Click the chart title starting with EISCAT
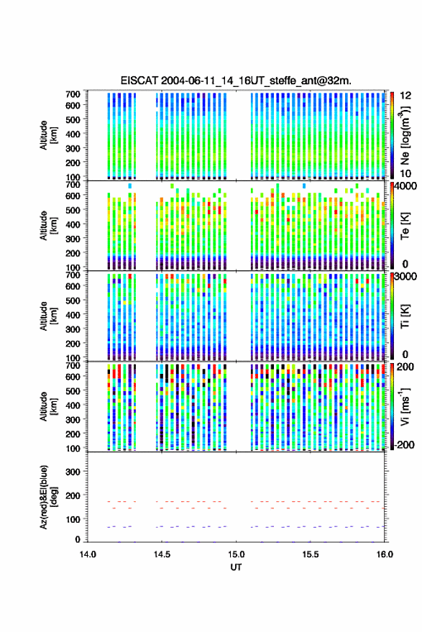[x=236, y=81]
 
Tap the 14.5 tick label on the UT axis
[x=162, y=554]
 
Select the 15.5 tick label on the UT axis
[x=311, y=554]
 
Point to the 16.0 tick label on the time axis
[x=385, y=554]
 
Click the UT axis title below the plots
[x=236, y=567]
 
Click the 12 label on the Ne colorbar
[x=406, y=96]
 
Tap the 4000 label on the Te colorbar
[x=405, y=186]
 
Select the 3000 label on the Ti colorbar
[x=405, y=277]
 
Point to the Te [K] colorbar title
[x=405, y=226]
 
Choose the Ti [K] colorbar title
[x=405, y=316]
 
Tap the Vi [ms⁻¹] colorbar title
[x=405, y=406]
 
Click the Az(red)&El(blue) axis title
[x=47, y=497]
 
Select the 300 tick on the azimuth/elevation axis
[x=73, y=472]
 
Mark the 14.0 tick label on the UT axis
[x=88, y=554]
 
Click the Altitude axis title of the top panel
[x=47, y=135]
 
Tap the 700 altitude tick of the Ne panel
[x=73, y=94]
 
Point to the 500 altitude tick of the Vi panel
[x=73, y=391]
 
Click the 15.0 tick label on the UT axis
[x=237, y=554]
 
